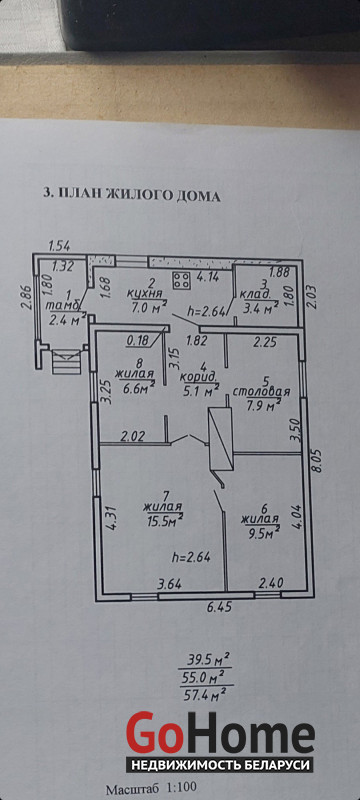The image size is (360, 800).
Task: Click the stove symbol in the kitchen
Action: tap(181, 281)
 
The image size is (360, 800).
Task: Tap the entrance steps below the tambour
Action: tap(66, 361)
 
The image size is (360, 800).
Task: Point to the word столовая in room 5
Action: tap(262, 392)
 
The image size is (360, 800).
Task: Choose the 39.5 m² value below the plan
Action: tap(205, 662)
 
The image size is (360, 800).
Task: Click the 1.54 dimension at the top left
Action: tap(59, 246)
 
